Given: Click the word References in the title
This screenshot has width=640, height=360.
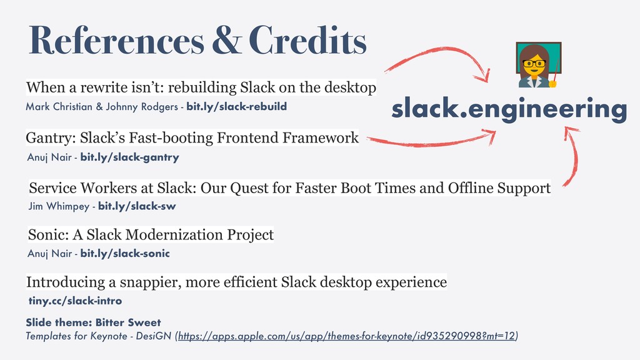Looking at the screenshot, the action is (116, 40).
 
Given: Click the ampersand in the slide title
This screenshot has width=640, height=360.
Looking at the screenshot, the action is (226, 40).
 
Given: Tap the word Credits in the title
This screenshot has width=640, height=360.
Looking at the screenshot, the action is (307, 40).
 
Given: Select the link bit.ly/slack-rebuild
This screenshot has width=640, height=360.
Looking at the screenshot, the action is (237, 106).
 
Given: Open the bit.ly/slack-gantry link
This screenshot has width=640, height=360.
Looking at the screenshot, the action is (130, 157).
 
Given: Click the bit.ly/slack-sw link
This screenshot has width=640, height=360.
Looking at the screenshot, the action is (137, 206).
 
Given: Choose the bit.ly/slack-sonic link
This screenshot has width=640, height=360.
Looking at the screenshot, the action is (125, 254).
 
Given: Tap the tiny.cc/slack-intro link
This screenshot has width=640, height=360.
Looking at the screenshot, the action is (75, 301).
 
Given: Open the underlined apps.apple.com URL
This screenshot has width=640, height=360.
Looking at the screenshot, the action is (346, 336).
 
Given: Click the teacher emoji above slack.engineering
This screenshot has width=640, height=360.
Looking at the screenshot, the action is (538, 64).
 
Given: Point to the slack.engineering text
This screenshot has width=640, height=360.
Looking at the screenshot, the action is (509, 109).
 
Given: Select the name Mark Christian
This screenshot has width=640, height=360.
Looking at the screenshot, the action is (59, 106).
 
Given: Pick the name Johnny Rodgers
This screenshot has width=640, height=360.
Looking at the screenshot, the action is (142, 107).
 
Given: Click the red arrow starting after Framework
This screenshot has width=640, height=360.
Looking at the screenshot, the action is (429, 142).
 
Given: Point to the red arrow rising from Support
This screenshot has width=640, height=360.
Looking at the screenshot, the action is (576, 157).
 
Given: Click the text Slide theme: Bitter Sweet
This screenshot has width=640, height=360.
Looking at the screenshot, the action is (94, 322).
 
